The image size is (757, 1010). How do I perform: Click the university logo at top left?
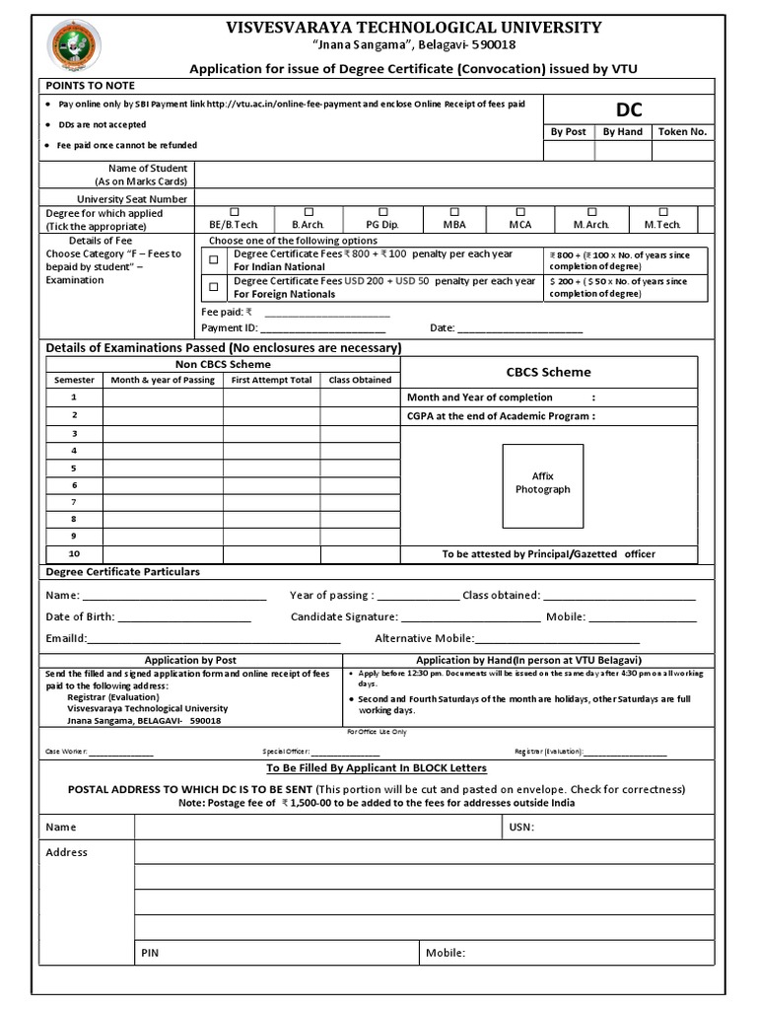click(x=74, y=48)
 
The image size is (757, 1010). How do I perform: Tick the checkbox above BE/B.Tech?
click(x=234, y=212)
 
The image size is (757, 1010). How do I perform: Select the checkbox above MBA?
click(x=454, y=212)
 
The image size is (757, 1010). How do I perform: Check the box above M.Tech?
click(x=663, y=212)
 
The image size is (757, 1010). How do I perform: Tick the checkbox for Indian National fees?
click(x=214, y=260)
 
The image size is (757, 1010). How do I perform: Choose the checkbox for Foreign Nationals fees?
click(x=214, y=288)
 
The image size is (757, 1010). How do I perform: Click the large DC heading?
click(x=629, y=109)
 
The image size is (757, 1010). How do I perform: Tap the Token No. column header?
click(x=681, y=132)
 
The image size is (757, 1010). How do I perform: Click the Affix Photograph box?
click(x=542, y=483)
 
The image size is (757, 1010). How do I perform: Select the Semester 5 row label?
click(x=74, y=468)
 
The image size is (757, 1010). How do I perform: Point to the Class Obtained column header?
click(x=360, y=380)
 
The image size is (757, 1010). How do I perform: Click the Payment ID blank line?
click(x=321, y=328)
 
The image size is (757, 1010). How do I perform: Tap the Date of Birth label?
click(x=80, y=617)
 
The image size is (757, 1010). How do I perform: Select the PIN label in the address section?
click(x=150, y=953)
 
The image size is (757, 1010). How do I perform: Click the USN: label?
click(x=521, y=828)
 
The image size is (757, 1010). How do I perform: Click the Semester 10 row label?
click(x=74, y=553)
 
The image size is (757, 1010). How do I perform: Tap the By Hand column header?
click(x=622, y=132)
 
